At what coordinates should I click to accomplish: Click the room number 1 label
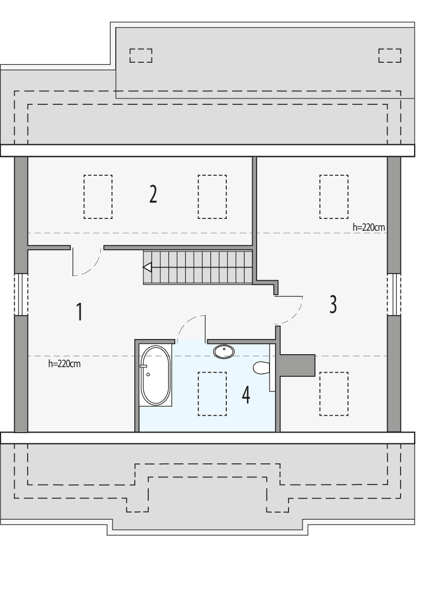(80, 312)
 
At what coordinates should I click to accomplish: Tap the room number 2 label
(153, 194)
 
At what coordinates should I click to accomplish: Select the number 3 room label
(333, 304)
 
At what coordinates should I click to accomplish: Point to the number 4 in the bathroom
(246, 395)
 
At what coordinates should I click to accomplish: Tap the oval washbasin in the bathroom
(224, 351)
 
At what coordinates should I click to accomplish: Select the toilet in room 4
(261, 368)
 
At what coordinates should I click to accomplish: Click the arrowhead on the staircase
(147, 267)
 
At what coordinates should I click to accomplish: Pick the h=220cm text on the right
(369, 227)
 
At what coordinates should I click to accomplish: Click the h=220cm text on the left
(64, 364)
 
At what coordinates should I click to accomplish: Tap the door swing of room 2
(87, 262)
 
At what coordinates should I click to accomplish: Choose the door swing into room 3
(290, 310)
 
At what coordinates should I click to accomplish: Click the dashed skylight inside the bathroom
(212, 394)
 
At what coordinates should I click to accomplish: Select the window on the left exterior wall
(21, 294)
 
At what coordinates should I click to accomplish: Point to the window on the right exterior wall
(394, 294)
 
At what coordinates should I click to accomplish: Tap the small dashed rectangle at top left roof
(141, 55)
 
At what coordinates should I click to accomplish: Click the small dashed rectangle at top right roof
(390, 55)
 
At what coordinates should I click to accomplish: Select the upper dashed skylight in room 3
(333, 196)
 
